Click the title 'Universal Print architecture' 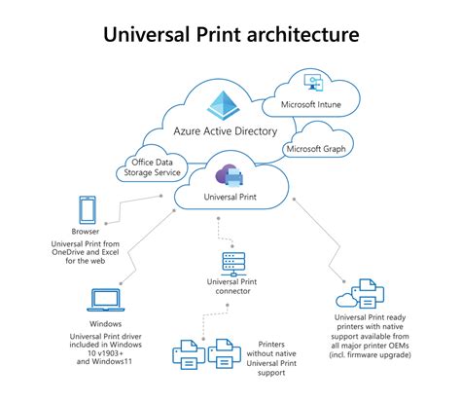pos(230,35)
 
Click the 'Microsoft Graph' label pos(322,149)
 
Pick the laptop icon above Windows pos(104,300)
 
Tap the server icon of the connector pos(231,263)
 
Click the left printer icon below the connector pos(188,354)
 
